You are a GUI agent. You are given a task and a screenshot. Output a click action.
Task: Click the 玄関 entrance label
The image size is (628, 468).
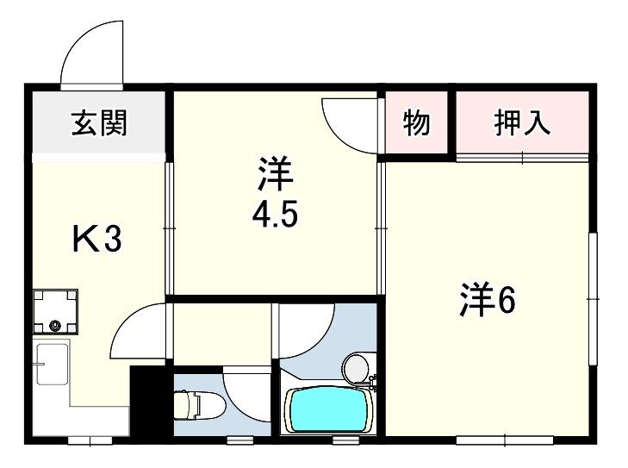pos(99,124)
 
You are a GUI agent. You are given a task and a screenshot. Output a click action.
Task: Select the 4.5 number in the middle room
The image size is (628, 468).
pos(275,213)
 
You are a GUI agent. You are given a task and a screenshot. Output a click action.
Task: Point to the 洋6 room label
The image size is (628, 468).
pos(487,300)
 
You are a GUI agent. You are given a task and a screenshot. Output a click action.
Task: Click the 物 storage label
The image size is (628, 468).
pos(416,124)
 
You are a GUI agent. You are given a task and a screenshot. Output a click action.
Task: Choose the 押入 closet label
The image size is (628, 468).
pos(522,124)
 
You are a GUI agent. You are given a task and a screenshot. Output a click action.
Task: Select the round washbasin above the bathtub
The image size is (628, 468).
pos(355,369)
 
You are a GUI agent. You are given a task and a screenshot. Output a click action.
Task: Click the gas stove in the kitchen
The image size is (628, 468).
pos(55,313)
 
